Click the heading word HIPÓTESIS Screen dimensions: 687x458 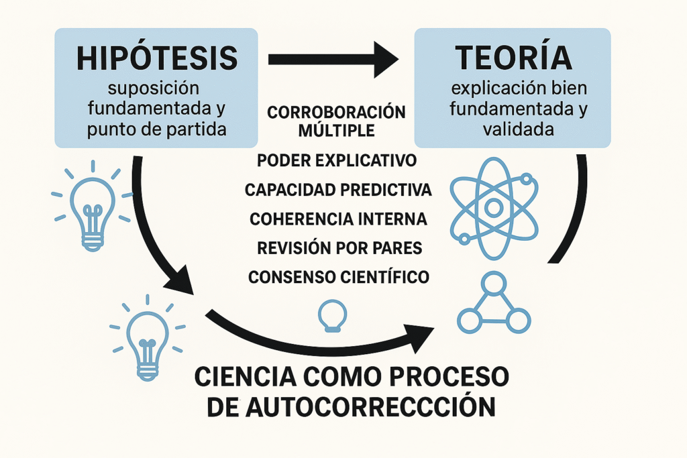[157, 58]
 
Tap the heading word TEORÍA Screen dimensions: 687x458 [513, 58]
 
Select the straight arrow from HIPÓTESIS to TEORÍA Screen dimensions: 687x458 [333, 60]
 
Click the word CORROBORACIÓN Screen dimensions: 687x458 [337, 113]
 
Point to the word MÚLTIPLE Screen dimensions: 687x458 [337, 131]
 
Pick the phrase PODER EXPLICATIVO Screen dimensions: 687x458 [337, 161]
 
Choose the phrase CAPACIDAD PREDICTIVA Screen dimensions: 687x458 [338, 190]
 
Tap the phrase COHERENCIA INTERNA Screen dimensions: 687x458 [338, 219]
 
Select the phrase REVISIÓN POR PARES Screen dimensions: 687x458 [339, 248]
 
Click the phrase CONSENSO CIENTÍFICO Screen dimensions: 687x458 [339, 277]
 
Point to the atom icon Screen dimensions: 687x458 [494, 208]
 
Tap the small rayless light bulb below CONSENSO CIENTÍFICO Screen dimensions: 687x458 [333, 316]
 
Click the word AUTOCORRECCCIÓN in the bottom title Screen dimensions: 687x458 [370, 407]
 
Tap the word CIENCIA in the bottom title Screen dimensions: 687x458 [246, 377]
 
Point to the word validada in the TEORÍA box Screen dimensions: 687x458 [519, 129]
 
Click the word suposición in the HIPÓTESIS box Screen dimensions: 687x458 [154, 89]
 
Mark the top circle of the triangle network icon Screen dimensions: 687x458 [494, 282]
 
